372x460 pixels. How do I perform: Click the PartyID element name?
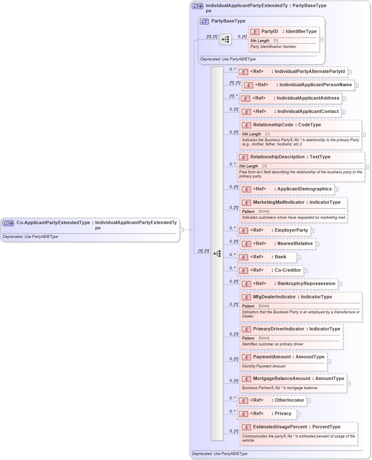click(x=269, y=31)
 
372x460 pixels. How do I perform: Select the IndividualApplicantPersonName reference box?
click(x=298, y=85)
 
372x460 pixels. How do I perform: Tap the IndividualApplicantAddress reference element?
click(x=290, y=98)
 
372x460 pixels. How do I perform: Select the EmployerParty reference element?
click(x=274, y=230)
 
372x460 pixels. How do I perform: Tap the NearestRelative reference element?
click(x=277, y=243)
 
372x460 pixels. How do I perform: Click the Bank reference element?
click(x=267, y=257)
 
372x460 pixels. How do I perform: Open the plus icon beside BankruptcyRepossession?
click(x=340, y=284)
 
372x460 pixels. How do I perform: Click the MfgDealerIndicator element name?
click(x=275, y=297)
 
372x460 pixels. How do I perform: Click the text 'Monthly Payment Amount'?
click(x=264, y=366)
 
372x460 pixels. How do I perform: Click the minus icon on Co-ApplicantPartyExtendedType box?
click(x=181, y=229)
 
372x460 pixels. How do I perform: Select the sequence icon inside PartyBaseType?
click(x=225, y=40)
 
